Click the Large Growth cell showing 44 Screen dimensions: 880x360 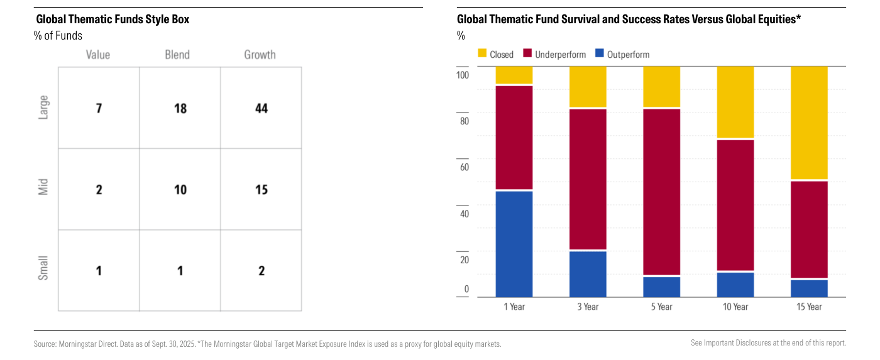tap(261, 108)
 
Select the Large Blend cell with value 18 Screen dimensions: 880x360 tap(180, 108)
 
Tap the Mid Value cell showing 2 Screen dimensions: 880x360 tap(99, 189)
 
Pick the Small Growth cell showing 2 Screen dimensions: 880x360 tap(261, 271)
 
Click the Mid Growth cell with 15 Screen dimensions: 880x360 tap(261, 189)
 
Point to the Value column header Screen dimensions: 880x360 tap(98, 55)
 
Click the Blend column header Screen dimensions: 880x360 tap(177, 55)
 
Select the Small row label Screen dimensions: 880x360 tap(43, 268)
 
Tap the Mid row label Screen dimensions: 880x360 tap(43, 187)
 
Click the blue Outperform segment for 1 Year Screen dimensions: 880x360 tap(514, 244)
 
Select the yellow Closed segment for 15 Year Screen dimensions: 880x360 tap(809, 123)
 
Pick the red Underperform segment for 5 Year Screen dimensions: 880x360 tap(661, 192)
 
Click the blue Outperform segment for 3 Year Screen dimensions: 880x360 tap(588, 275)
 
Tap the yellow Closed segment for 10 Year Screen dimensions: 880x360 tap(735, 102)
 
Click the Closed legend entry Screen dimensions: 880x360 tap(496, 54)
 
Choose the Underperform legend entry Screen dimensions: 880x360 tap(554, 54)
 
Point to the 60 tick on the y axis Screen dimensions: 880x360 tap(465, 167)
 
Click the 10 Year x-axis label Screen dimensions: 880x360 tap(735, 307)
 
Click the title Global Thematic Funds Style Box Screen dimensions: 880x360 tap(113, 19)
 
